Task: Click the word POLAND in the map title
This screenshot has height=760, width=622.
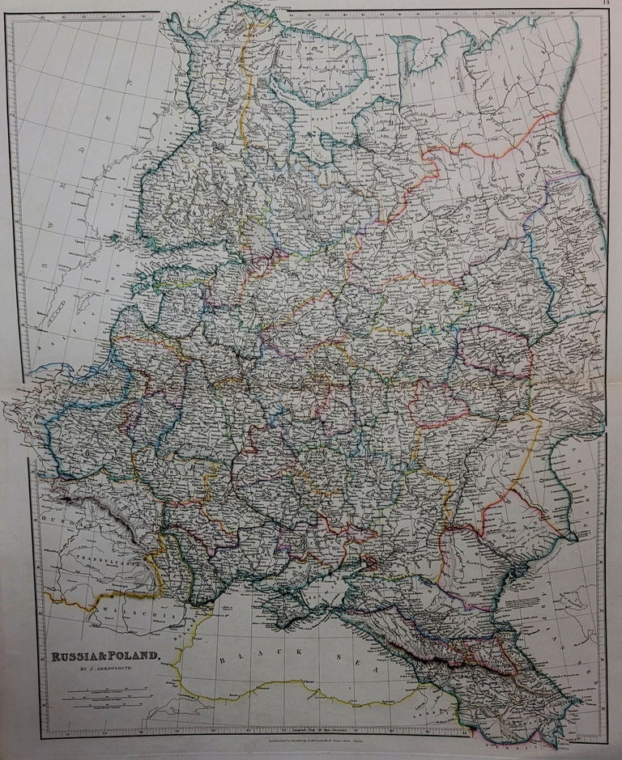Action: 137,657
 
